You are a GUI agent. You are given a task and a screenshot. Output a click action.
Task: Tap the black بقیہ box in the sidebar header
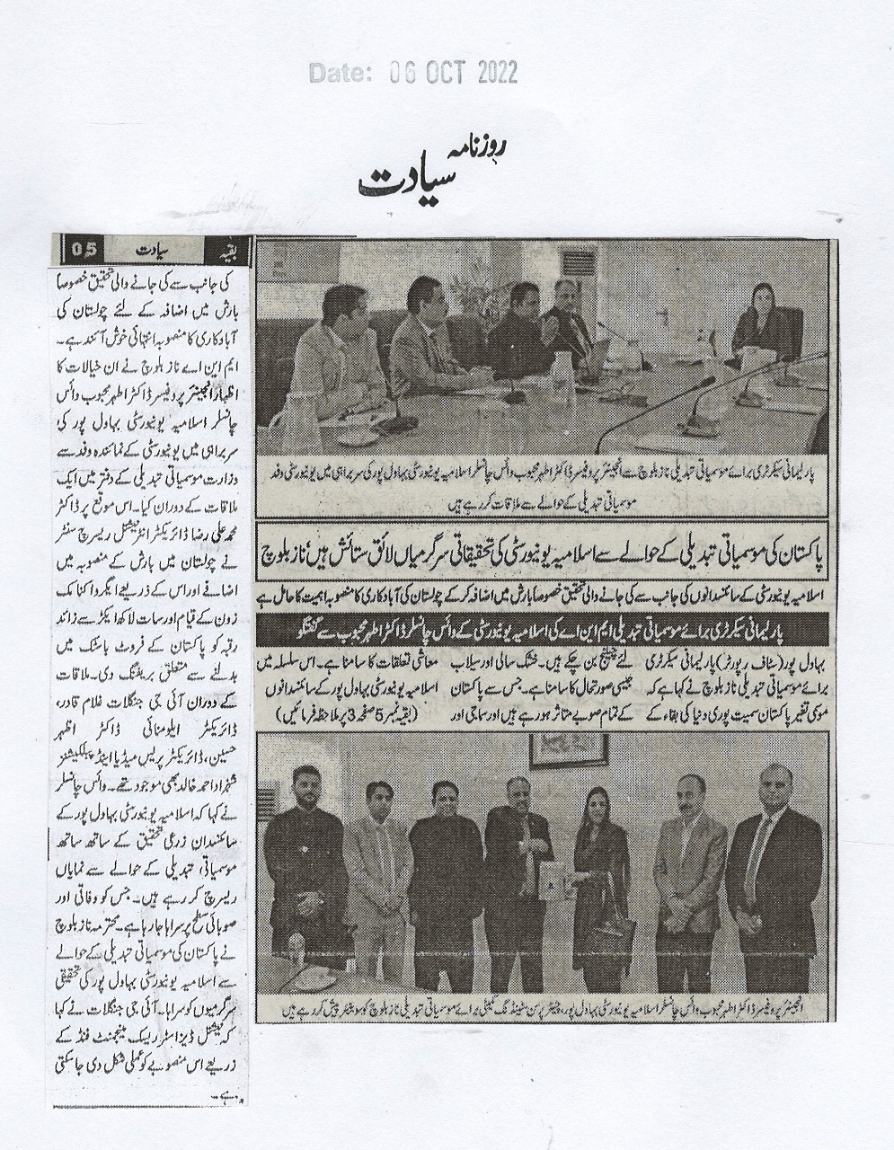click(221, 245)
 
